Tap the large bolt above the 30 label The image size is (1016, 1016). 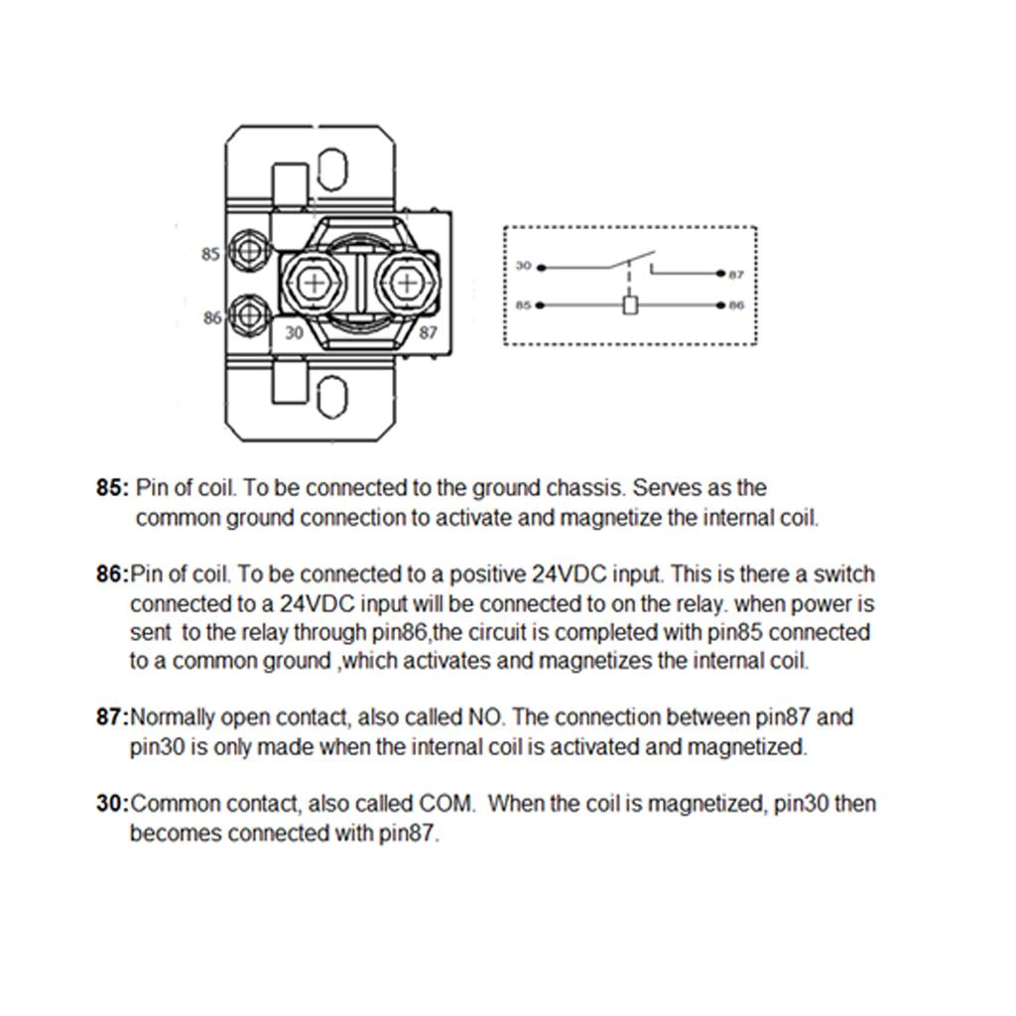click(x=314, y=285)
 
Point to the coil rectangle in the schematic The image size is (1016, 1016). click(x=630, y=305)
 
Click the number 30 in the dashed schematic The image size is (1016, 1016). click(x=524, y=266)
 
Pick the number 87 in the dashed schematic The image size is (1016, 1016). click(x=735, y=275)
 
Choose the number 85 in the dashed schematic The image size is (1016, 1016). click(x=524, y=306)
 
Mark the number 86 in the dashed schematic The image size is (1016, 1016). click(x=735, y=306)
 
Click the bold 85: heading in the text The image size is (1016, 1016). click(x=112, y=488)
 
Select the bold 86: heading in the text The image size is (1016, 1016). click(x=112, y=574)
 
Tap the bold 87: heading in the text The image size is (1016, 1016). click(x=112, y=717)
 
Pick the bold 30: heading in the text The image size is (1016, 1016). click(x=112, y=804)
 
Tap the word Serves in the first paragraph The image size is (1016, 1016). click(x=667, y=488)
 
